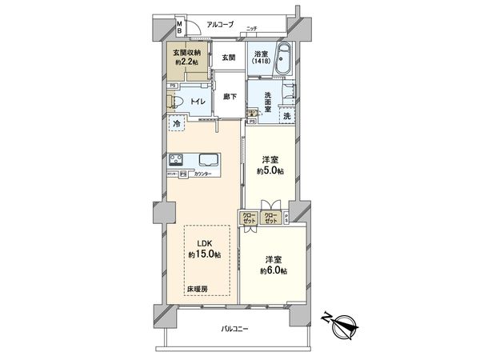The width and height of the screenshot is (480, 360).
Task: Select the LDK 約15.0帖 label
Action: [x=206, y=249]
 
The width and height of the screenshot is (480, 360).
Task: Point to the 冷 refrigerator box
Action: [x=176, y=125]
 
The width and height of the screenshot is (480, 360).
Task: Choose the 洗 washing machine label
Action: [x=286, y=117]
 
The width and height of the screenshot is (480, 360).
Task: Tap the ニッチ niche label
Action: [x=252, y=29]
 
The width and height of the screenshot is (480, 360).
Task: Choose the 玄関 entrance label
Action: [x=229, y=58]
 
